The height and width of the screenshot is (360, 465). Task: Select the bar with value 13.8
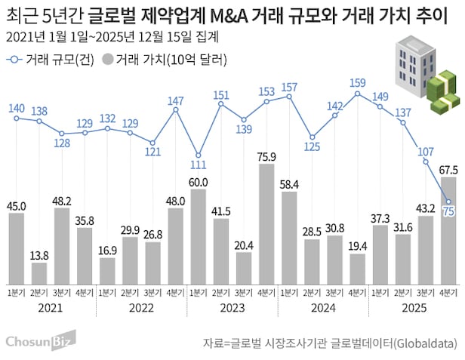(x=38, y=272)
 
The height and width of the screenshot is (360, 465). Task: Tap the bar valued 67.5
(x=448, y=229)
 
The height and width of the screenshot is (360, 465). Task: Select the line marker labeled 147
(x=176, y=111)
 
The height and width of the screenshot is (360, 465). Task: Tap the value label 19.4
(x=357, y=246)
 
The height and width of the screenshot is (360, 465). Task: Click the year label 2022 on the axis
(x=141, y=307)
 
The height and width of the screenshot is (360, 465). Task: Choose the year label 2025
(x=414, y=307)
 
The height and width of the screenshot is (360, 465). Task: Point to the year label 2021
(x=50, y=307)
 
